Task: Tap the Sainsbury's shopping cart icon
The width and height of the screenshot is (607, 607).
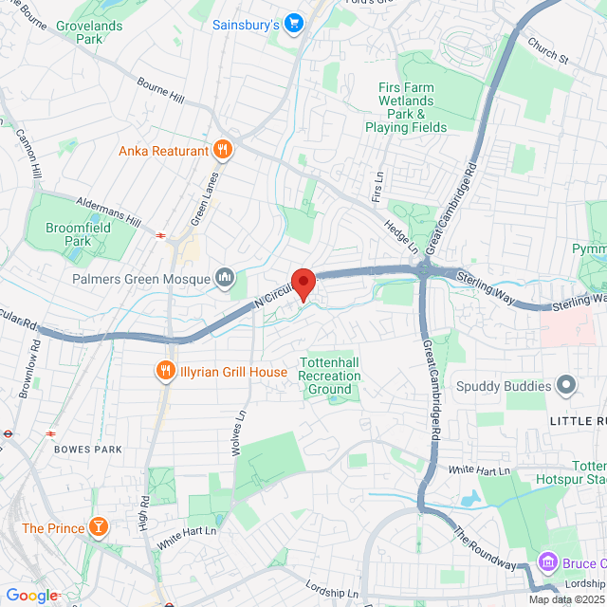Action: point(294,23)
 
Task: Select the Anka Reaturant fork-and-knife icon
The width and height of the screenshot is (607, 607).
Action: point(223,149)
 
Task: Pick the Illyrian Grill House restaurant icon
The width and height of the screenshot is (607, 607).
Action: point(166,372)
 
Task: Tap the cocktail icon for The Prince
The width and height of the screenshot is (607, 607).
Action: point(97,527)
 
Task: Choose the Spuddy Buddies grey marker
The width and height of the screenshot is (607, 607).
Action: point(566,385)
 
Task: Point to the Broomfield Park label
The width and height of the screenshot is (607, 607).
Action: point(79,234)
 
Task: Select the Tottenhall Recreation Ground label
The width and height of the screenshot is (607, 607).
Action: point(330,376)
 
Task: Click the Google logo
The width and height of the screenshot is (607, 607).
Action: point(31,596)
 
